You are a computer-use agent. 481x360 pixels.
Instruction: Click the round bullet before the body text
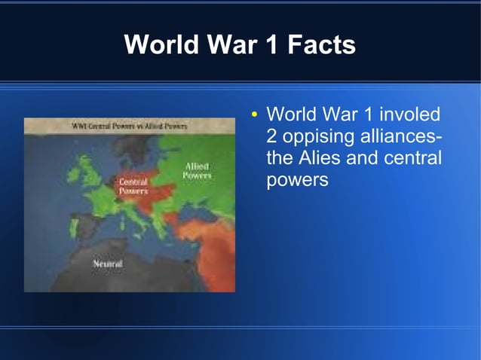(256, 116)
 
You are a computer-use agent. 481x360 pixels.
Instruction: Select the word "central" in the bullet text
(414, 160)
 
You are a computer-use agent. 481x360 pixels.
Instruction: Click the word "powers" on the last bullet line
(297, 182)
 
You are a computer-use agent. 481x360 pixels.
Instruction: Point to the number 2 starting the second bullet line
(272, 138)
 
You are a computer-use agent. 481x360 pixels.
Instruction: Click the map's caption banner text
(129, 126)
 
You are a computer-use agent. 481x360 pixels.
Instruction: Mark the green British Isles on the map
(83, 173)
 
